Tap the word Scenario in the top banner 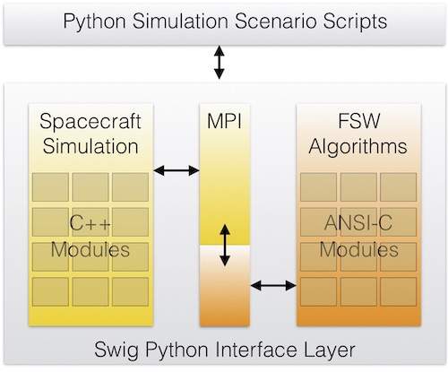coord(276,21)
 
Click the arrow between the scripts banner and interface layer coord(220,62)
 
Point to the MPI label coord(224,121)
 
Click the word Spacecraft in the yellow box coord(90,122)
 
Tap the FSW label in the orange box coord(358,121)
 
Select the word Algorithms coord(358,147)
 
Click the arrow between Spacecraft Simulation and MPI coord(177,170)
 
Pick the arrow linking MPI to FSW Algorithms coord(273,285)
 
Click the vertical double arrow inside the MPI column coord(225,246)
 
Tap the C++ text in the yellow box coord(90,223)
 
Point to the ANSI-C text coord(358,223)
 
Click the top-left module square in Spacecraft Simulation coord(50,187)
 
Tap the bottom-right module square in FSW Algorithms coord(399,291)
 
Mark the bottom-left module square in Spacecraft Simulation coord(50,291)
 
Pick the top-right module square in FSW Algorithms coord(399,187)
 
